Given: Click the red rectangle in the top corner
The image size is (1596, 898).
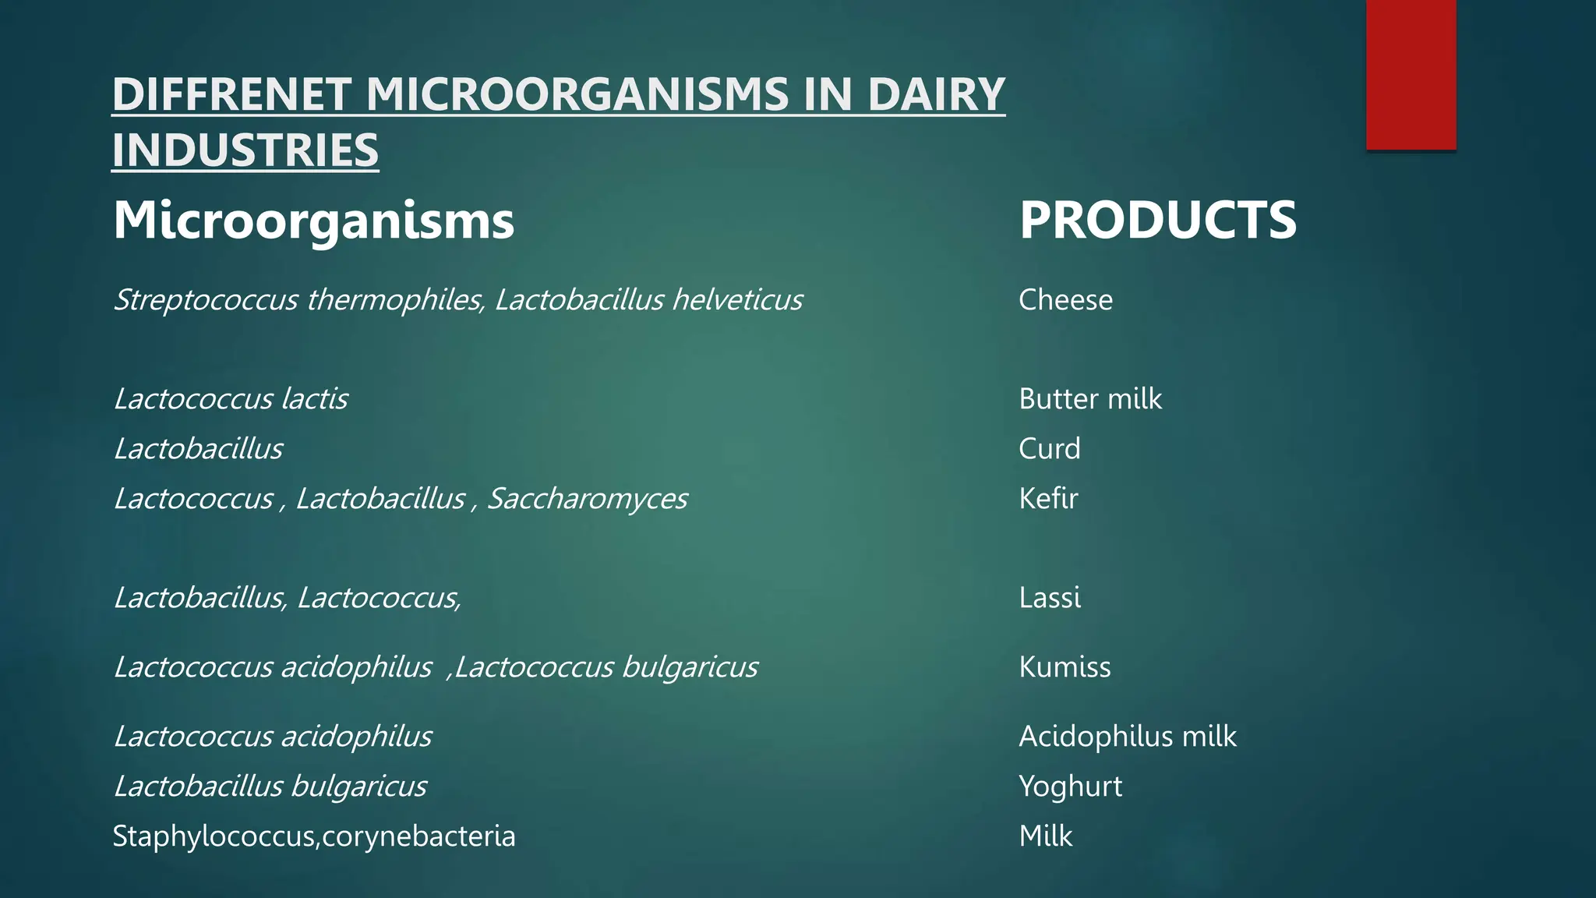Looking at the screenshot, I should [x=1411, y=75].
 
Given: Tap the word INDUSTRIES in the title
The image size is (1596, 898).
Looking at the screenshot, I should [x=245, y=150].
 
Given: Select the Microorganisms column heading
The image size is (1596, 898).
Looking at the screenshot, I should [x=313, y=220].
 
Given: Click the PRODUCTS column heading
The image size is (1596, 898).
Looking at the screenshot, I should [x=1158, y=220].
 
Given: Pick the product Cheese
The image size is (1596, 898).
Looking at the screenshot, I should [x=1065, y=300].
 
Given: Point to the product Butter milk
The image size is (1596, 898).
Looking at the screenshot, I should [x=1090, y=399].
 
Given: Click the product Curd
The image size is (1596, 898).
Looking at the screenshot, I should [x=1049, y=449].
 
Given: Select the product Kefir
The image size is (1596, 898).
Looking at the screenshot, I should [x=1048, y=498].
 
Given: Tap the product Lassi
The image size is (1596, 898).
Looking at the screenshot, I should [x=1050, y=598].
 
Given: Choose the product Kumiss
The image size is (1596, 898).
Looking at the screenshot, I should [x=1065, y=667].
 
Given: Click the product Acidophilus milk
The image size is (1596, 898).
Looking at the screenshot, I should [x=1127, y=737].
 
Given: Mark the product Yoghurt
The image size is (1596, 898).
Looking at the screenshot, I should [x=1070, y=787].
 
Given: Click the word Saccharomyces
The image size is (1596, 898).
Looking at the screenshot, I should [x=588, y=499].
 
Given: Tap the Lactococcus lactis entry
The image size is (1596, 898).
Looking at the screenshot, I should [x=231, y=399].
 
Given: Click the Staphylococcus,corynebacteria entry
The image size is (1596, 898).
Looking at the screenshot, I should [x=314, y=836].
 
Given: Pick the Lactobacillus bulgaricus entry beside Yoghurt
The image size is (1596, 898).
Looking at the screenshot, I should [x=270, y=787].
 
